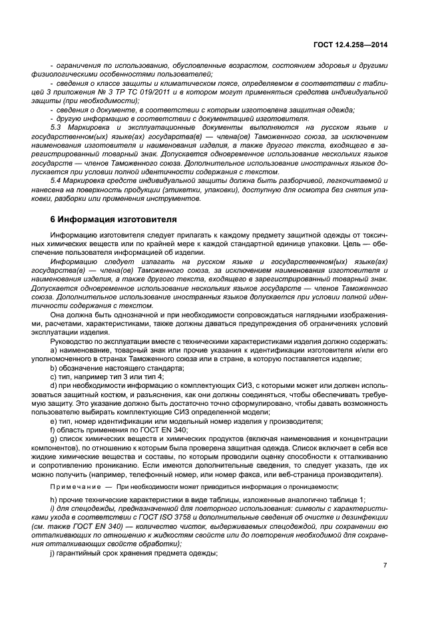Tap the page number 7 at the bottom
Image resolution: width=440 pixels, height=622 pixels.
pos(385,565)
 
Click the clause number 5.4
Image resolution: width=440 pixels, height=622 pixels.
pos(57,180)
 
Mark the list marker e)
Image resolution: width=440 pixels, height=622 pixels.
pos(53,421)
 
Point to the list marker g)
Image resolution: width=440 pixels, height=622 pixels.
pos(53,440)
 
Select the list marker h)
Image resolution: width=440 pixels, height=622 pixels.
pos(53,500)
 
